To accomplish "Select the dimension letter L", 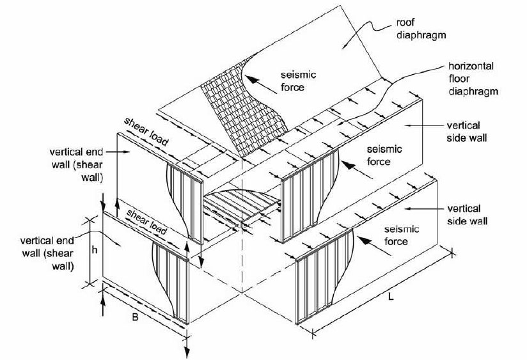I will (391, 297).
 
